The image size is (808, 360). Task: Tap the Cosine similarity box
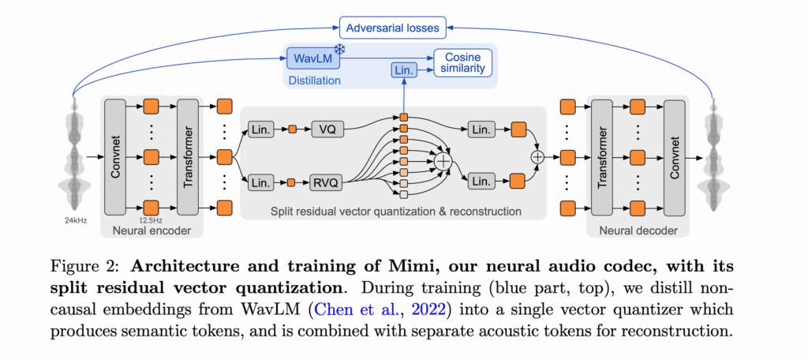(462, 64)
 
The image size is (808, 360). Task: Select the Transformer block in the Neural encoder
(188, 156)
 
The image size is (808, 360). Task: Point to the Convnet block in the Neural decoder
(675, 156)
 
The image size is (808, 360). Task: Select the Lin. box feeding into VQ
(260, 129)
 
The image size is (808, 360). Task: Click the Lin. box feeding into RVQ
(260, 183)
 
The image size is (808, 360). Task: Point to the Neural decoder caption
(639, 231)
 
